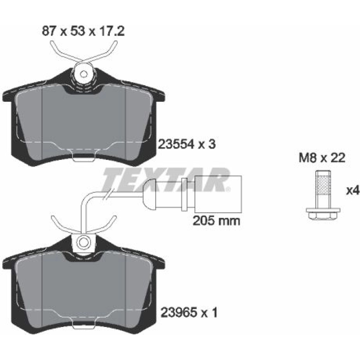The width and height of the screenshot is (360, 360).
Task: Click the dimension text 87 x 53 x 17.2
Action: click(x=83, y=31)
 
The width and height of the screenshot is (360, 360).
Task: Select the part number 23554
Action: click(x=176, y=144)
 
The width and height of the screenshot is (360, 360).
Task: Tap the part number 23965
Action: click(x=178, y=312)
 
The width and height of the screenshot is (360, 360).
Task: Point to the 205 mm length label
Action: click(x=216, y=221)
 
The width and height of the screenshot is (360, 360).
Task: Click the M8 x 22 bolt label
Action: click(x=322, y=158)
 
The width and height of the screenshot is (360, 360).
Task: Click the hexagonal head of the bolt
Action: click(x=323, y=215)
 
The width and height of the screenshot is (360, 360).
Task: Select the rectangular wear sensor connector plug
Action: click(x=218, y=194)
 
